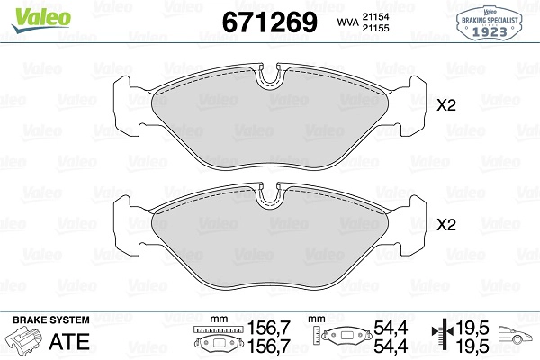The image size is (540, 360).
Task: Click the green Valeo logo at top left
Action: (41, 19)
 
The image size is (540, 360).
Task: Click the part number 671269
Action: (270, 22)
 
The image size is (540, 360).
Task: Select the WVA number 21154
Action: (375, 16)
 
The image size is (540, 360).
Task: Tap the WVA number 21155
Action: (375, 28)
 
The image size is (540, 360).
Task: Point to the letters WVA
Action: (347, 22)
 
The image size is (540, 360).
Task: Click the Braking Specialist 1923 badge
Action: (490, 22)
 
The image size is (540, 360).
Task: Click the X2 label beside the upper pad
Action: (446, 105)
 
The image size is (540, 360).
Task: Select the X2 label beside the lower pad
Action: (446, 225)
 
